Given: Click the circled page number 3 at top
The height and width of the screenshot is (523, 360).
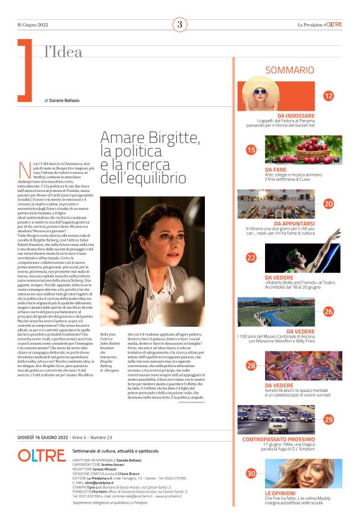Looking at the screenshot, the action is (x=179, y=25).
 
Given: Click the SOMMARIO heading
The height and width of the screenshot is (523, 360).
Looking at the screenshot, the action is (x=290, y=71).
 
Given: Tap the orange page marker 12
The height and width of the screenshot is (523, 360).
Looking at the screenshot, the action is (x=328, y=96).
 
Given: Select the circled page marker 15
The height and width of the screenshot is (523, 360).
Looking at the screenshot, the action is (x=251, y=150).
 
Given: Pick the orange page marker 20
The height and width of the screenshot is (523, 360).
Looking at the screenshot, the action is (x=328, y=203).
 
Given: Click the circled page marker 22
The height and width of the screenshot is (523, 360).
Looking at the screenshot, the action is (x=251, y=257).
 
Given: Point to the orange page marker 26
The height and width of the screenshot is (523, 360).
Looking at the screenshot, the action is (x=328, y=311).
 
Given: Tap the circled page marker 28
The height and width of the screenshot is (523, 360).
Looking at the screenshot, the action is (x=251, y=365).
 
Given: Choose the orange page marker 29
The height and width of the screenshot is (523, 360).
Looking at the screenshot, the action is (x=328, y=419).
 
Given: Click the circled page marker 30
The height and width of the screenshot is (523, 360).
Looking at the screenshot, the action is (x=251, y=473).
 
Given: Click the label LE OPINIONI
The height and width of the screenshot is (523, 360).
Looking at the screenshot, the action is (x=281, y=493).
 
